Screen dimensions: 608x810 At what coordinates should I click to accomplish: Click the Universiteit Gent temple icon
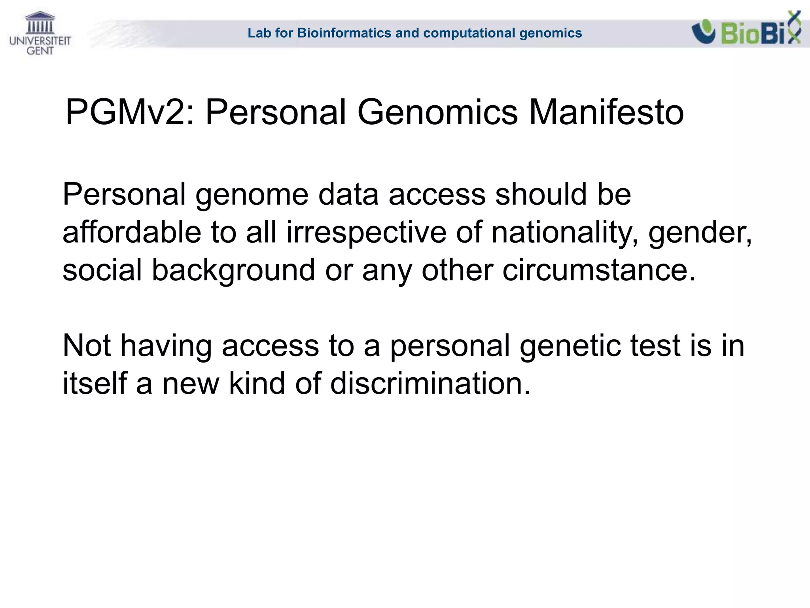point(40,23)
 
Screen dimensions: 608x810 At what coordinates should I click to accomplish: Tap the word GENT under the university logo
point(40,51)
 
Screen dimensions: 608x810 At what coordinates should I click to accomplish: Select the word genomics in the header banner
point(551,33)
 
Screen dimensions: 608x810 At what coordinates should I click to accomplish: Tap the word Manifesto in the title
point(606,112)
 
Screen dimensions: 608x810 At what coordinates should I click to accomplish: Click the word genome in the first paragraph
point(252,195)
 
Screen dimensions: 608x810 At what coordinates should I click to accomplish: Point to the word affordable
point(132,232)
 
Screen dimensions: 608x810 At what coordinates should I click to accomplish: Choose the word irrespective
point(366,232)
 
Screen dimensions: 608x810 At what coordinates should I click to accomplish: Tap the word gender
point(700,232)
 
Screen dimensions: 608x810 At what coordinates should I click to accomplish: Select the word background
point(233,270)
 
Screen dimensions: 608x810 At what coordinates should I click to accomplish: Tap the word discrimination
point(430,384)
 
